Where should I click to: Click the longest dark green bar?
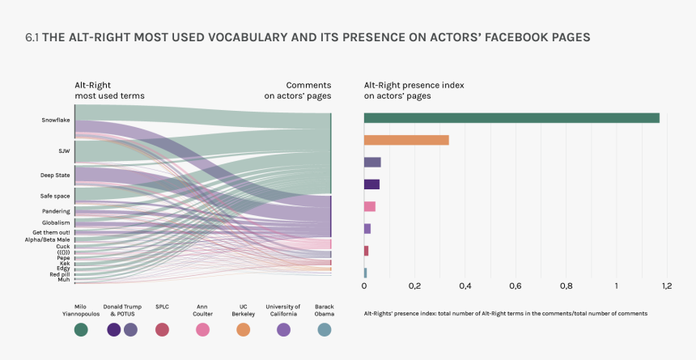click(x=511, y=118)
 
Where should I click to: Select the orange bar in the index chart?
click(x=406, y=140)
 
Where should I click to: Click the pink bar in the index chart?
click(x=370, y=206)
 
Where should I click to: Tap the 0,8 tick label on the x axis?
click(x=566, y=286)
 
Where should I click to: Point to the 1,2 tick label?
click(x=667, y=286)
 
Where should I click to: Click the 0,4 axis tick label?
click(x=465, y=286)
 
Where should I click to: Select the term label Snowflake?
click(x=56, y=121)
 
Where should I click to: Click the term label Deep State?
click(x=55, y=175)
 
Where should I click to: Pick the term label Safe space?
click(x=55, y=196)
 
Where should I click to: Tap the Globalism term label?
click(x=57, y=222)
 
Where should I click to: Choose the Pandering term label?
click(x=57, y=211)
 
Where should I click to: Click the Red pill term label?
click(x=60, y=274)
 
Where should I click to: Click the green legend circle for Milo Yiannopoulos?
click(x=81, y=329)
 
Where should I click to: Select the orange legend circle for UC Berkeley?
click(x=243, y=329)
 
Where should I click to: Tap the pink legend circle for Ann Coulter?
click(x=202, y=329)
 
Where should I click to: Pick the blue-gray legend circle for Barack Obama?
click(x=325, y=329)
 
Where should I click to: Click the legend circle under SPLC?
click(x=162, y=329)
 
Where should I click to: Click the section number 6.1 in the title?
click(x=33, y=37)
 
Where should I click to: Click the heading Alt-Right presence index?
click(x=414, y=84)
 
